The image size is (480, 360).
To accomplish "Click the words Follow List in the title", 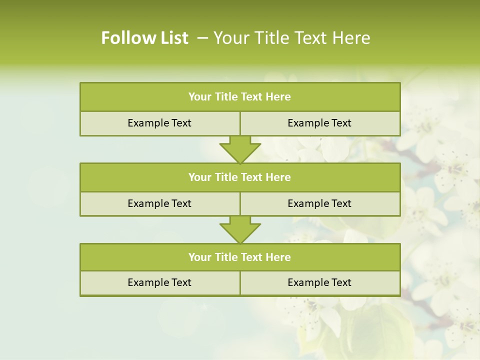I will [144, 38].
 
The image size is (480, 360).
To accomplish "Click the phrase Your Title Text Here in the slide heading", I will [292, 38].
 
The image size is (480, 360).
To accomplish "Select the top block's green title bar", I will [240, 97].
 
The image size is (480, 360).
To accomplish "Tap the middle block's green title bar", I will [240, 177].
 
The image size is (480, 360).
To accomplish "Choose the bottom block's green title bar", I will [240, 257].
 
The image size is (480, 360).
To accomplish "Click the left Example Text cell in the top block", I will [159, 123].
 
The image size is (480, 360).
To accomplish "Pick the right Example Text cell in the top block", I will [320, 123].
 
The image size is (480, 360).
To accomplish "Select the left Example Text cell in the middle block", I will [159, 203].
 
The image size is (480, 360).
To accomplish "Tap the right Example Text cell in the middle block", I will [320, 203].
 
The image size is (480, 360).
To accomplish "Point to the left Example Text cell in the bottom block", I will [159, 282].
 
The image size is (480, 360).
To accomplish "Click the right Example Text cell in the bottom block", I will [320, 282].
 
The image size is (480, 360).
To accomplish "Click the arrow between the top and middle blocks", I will [240, 149].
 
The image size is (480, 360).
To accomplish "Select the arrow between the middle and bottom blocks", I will [240, 229].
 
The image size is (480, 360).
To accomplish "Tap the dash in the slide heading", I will [202, 38].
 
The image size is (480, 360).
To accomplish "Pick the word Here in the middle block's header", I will [278, 177].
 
